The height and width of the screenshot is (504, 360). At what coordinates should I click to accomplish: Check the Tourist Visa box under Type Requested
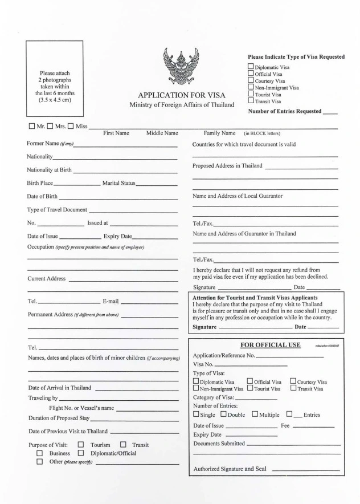point(251,94)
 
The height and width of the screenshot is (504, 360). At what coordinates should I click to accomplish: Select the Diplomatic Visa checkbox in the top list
point(251,67)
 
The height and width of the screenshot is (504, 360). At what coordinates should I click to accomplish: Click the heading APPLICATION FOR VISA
point(182,95)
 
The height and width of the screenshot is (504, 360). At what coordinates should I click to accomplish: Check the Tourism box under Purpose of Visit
point(80,445)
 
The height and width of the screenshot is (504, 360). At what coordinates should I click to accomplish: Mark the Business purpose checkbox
point(40,453)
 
